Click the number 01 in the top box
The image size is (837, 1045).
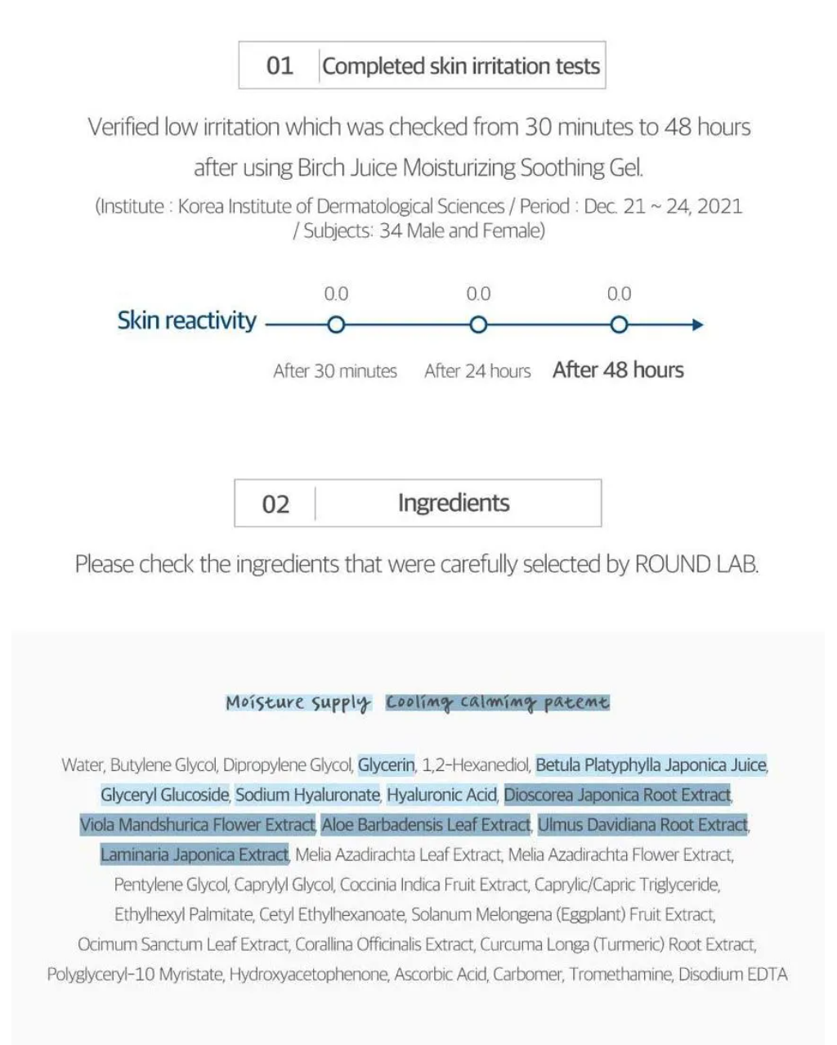point(280,65)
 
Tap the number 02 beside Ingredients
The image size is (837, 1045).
point(275,504)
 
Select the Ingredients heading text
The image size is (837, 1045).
point(454,503)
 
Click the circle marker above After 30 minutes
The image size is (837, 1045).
point(336,325)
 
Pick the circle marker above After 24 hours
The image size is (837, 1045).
point(478,325)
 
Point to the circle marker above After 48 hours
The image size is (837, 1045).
point(619,325)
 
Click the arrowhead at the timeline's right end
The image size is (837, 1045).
point(697,325)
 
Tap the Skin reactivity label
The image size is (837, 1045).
point(186,321)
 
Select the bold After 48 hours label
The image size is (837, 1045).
point(618,370)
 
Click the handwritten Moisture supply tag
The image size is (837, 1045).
point(298,702)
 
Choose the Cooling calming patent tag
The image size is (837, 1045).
point(498,702)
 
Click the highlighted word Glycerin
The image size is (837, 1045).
point(387,765)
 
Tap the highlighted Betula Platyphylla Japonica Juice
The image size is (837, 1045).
point(651,765)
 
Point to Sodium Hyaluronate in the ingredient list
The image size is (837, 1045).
point(307,795)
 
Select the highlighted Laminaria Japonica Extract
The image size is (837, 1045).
point(195,855)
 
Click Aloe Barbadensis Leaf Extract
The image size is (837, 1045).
point(426,825)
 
